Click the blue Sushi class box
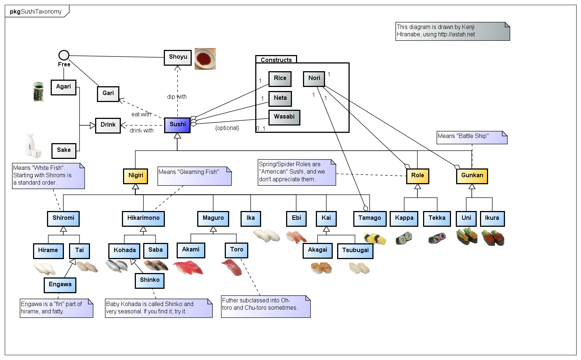pos(177,125)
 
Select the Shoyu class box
pos(178,57)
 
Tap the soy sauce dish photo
pos(205,59)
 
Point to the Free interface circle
pos(64,55)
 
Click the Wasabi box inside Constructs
pos(284,117)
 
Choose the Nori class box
pos(314,79)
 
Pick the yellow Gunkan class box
pos(472,176)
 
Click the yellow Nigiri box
pos(136,176)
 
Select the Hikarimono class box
pos(143,218)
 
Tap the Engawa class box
pos(60,285)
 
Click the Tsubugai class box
pos(355,251)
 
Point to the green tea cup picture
pos(38,91)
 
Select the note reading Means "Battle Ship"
pos(472,137)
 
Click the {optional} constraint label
pos(227,128)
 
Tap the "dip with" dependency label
pos(177,97)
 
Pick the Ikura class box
pos(492,218)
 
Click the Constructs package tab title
pos(276,60)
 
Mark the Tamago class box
pos(369,218)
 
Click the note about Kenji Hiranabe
pos(452,31)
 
